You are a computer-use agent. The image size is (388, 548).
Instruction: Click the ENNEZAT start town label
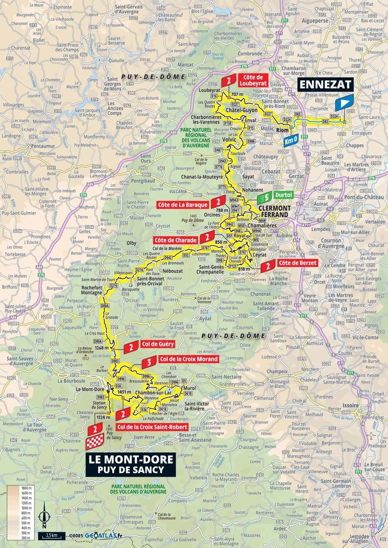[x=325, y=84]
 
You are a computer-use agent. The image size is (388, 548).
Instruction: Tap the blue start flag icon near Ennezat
[x=344, y=102]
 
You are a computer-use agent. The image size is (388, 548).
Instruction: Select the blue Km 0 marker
[x=291, y=140]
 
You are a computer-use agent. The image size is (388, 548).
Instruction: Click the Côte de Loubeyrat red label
[x=253, y=80]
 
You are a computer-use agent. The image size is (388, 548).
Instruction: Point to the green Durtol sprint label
[x=283, y=195]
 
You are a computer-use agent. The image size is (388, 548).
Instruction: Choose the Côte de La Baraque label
[x=183, y=205]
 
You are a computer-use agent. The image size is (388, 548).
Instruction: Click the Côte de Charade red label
[x=175, y=240]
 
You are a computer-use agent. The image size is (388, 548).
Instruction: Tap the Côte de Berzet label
[x=297, y=263]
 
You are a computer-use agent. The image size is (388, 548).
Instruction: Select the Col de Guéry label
[x=158, y=344]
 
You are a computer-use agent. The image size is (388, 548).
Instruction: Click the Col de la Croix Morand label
[x=188, y=359]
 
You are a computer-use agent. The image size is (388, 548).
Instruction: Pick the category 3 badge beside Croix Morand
[x=149, y=362]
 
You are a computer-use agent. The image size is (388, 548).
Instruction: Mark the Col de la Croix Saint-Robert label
[x=152, y=427]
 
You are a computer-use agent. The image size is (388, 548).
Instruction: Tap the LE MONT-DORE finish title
[x=131, y=460]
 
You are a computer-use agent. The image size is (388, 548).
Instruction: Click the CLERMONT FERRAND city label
[x=274, y=211]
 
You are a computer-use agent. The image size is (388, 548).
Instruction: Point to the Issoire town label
[x=350, y=405]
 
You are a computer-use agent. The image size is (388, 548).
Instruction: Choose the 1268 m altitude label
[x=102, y=348]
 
